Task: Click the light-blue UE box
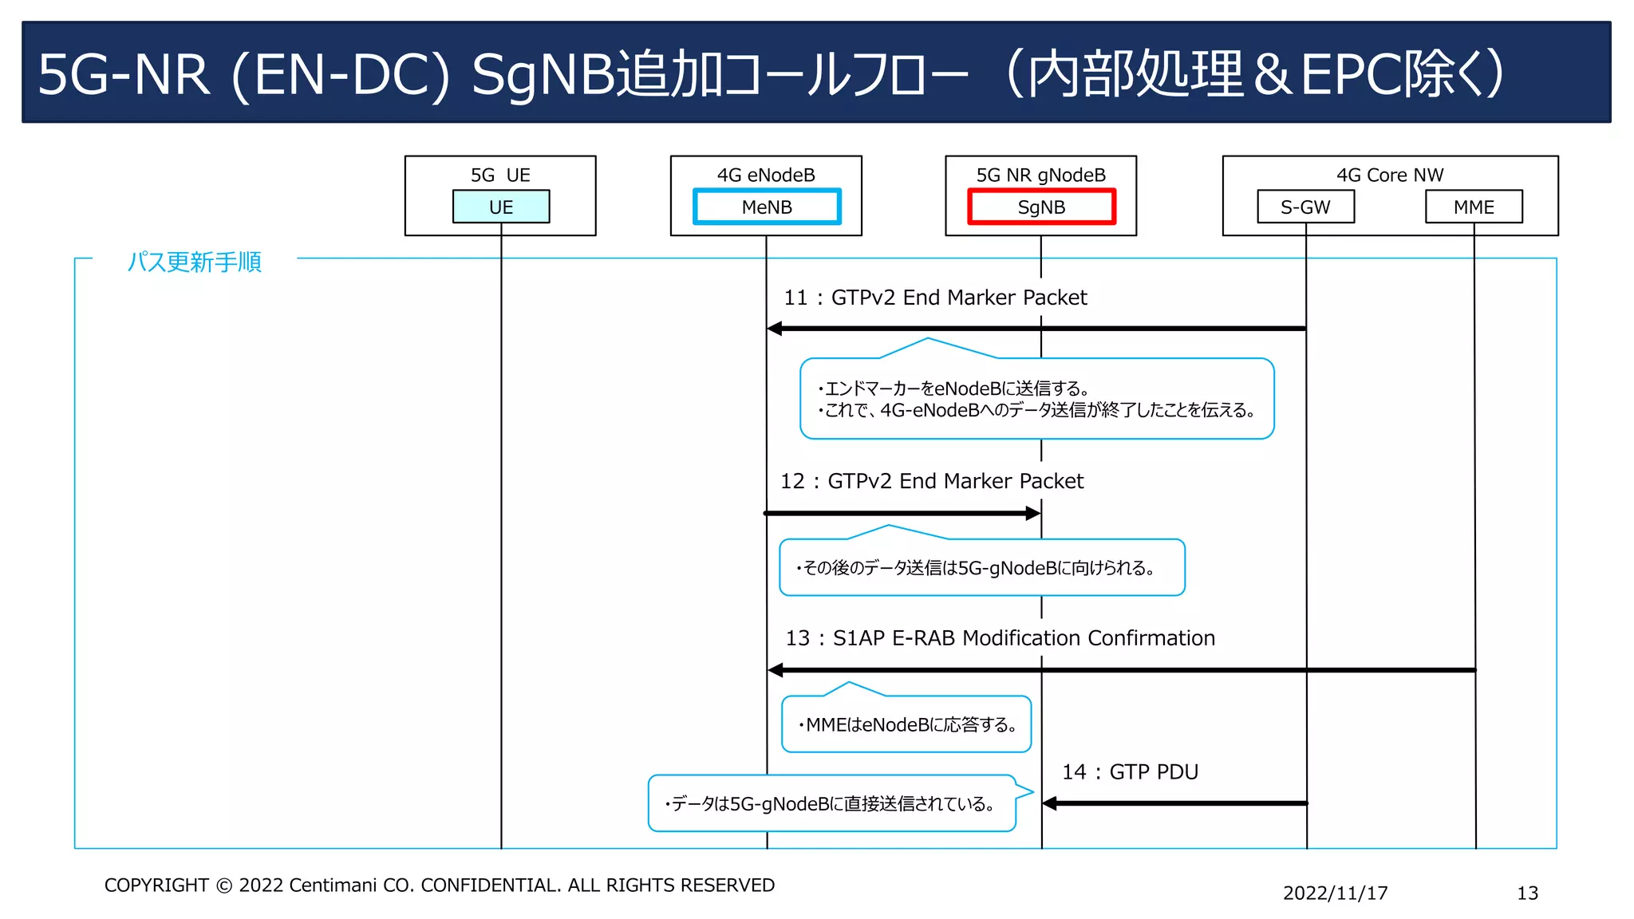500,207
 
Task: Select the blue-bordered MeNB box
766,207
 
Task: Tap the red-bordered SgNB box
1040,207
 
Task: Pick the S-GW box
1305,207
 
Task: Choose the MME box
1473,207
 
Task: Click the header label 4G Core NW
1389,175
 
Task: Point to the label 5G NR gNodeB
1040,175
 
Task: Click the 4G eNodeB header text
766,175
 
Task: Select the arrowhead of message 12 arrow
1032,513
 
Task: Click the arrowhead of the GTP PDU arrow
1050,803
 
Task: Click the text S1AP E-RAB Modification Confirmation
1023,638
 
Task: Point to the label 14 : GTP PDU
1129,771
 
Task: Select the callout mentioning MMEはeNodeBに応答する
906,724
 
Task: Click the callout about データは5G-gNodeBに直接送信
831,803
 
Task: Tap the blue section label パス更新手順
194,262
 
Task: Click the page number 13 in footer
1526,893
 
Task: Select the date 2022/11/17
1335,893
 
